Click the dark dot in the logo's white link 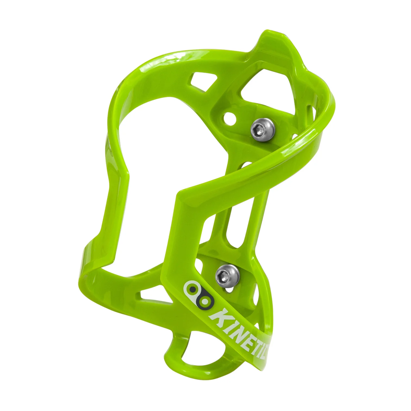(x=192, y=289)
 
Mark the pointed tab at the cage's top (x=268, y=41)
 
